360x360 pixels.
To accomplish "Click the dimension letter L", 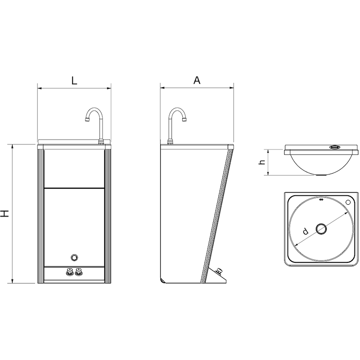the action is click(x=74, y=81).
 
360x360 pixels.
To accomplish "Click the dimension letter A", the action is click(x=197, y=80).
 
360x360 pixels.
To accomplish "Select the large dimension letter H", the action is click(x=4, y=213).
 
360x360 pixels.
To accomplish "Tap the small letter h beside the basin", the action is click(x=262, y=162).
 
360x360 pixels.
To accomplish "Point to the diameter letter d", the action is click(x=305, y=231).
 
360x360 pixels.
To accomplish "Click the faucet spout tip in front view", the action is click(x=87, y=119).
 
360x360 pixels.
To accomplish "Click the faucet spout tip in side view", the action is click(x=184, y=119).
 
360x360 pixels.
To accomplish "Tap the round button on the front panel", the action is click(x=74, y=257).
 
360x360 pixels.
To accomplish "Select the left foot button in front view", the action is click(x=69, y=272).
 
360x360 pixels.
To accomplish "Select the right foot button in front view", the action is click(x=79, y=272).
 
